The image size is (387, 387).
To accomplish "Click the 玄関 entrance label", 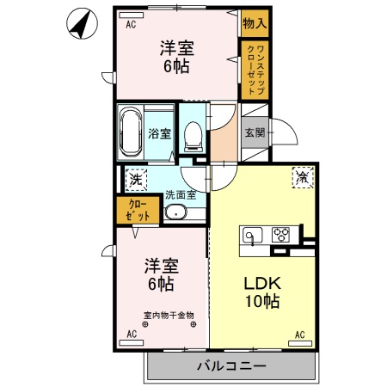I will [x=255, y=132].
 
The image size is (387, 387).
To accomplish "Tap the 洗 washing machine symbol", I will [x=135, y=180].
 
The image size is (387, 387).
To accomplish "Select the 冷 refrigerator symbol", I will [x=303, y=178].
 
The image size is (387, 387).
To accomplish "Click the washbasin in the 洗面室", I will [x=175, y=212].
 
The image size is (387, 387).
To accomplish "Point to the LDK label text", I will [x=258, y=283].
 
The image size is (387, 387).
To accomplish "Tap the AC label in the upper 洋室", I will [x=132, y=25].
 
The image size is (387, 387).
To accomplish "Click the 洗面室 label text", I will [x=181, y=194].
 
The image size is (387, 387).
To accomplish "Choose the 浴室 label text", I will [x=159, y=133].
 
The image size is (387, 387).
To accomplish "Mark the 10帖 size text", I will [x=259, y=302].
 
